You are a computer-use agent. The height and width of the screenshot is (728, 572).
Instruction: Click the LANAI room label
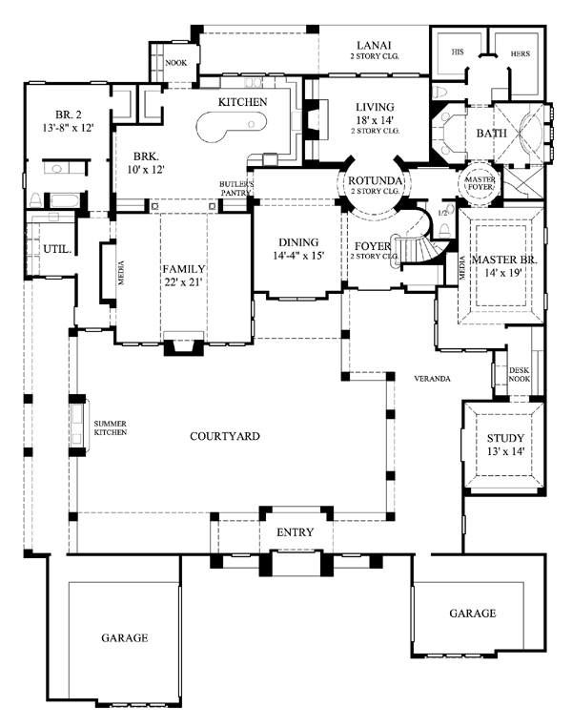pyautogui.click(x=370, y=45)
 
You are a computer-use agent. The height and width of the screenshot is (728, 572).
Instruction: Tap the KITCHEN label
pyautogui.click(x=241, y=101)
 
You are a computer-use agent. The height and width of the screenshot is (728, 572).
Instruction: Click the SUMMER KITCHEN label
pyautogui.click(x=110, y=427)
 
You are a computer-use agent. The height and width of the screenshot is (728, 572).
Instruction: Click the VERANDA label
pyautogui.click(x=432, y=379)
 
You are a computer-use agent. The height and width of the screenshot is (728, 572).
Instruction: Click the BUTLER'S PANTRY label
pyautogui.click(x=235, y=187)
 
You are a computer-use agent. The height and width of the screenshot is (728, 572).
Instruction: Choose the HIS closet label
pyautogui.click(x=457, y=54)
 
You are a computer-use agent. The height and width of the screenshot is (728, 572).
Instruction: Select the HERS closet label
pyautogui.click(x=520, y=54)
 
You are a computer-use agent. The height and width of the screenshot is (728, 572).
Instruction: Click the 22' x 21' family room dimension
pyautogui.click(x=185, y=282)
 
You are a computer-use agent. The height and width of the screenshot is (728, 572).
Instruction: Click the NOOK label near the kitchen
pyautogui.click(x=175, y=63)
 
